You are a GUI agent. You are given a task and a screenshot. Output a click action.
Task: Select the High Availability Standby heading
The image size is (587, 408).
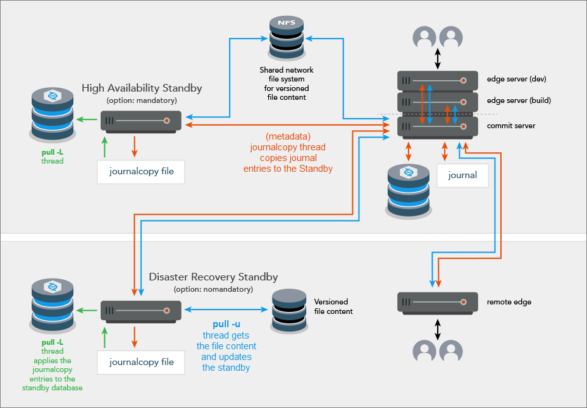[x=142, y=88]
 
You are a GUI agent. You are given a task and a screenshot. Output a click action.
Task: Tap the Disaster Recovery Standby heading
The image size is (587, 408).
[x=213, y=277]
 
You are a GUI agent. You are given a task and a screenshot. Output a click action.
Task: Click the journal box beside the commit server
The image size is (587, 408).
[x=462, y=175]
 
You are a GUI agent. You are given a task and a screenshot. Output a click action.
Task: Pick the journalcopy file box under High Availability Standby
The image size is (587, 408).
[x=140, y=171]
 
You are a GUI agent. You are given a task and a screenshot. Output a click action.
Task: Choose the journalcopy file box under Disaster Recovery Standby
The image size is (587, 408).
[x=140, y=362]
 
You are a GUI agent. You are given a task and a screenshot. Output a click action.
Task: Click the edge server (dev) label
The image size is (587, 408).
[x=516, y=80]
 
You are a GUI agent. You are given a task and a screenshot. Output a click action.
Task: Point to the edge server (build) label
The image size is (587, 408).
[x=519, y=100]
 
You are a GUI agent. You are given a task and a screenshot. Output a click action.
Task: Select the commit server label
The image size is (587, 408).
[x=511, y=126]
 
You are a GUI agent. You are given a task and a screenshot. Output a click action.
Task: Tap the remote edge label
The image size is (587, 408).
[x=509, y=302]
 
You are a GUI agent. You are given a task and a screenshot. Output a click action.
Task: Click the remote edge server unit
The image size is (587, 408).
[x=437, y=303]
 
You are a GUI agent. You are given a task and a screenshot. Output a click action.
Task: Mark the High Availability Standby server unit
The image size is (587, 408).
[x=141, y=121]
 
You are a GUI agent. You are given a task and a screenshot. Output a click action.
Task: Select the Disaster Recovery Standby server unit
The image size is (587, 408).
[x=141, y=311]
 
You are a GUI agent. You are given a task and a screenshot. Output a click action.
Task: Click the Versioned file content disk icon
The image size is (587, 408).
[x=289, y=311]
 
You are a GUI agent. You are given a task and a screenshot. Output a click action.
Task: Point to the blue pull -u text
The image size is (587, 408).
[x=226, y=324]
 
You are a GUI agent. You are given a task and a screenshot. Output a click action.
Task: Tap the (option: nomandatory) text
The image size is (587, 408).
[x=213, y=289]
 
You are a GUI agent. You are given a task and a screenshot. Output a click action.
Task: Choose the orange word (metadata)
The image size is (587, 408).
[x=288, y=136]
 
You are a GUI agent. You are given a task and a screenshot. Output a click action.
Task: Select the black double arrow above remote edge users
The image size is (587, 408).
[x=437, y=328]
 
